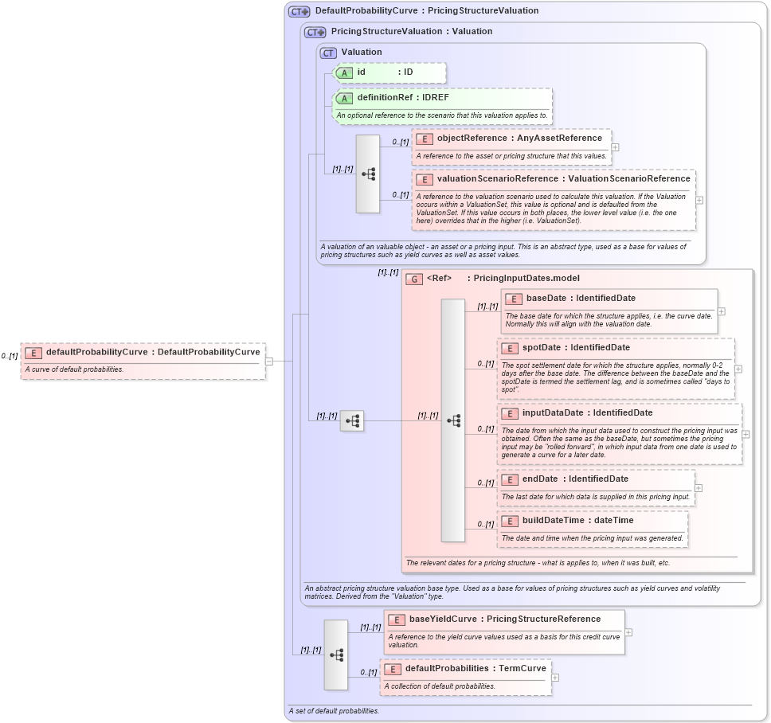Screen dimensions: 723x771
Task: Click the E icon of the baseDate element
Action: tap(513, 299)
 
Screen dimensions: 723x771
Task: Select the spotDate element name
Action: tap(542, 348)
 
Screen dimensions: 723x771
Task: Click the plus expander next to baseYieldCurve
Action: tap(628, 632)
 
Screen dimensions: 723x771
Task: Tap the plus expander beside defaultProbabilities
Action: tap(555, 678)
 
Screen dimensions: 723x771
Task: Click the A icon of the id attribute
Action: tap(344, 72)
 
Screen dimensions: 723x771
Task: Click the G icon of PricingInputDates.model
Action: tap(413, 279)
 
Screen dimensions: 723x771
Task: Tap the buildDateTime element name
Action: tap(553, 521)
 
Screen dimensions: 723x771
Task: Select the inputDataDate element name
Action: tap(552, 413)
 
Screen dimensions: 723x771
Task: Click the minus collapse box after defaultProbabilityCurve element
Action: tap(269, 361)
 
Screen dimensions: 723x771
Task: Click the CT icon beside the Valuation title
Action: tap(328, 53)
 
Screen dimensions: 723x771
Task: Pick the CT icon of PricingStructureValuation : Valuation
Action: tap(315, 32)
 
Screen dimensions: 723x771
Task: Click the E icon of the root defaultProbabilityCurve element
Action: tap(33, 353)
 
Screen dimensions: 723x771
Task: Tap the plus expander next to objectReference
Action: tap(615, 147)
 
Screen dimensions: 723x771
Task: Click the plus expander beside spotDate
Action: tap(738, 369)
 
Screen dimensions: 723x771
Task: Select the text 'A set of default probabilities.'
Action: tap(334, 710)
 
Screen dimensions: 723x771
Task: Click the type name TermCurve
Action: tap(522, 669)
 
